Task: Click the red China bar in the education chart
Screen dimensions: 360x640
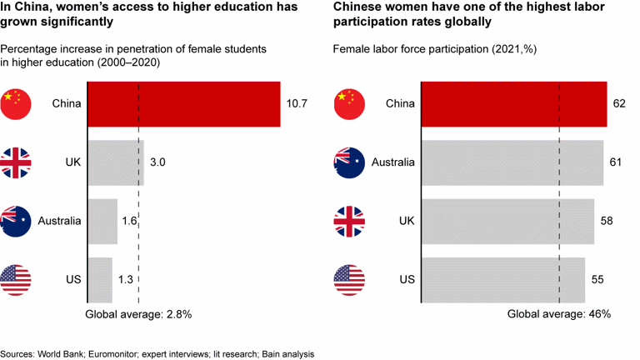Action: [183, 104]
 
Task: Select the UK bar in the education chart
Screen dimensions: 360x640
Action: [116, 162]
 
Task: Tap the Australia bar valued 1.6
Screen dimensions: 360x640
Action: [102, 221]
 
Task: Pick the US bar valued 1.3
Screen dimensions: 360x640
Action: [99, 278]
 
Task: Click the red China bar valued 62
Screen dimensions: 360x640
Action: [514, 104]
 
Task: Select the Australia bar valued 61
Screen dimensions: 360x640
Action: [512, 162]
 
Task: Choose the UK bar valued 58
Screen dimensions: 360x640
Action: [507, 221]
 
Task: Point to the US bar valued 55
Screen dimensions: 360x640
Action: [503, 278]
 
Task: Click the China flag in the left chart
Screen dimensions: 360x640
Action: [16, 104]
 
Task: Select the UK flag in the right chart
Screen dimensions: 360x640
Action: [349, 221]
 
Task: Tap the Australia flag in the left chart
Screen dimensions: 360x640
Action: [16, 221]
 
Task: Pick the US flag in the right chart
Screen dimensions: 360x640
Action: [349, 278]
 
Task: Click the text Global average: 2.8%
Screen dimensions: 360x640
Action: [139, 314]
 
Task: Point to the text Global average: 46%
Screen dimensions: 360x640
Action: [559, 314]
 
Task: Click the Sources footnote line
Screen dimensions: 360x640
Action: [157, 353]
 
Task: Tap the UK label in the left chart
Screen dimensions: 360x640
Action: [72, 162]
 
